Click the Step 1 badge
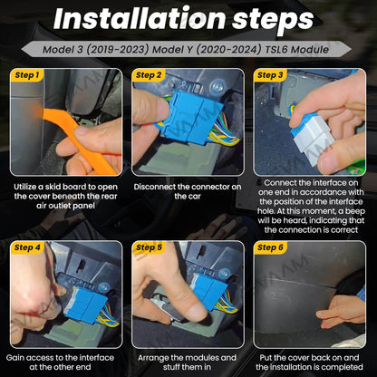26,75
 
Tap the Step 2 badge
149,75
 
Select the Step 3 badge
270,75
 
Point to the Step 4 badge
26,247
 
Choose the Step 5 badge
149,247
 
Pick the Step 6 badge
270,247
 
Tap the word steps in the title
273,21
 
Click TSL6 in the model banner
276,49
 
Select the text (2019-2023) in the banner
118,49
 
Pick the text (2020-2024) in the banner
228,49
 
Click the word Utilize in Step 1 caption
25,187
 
